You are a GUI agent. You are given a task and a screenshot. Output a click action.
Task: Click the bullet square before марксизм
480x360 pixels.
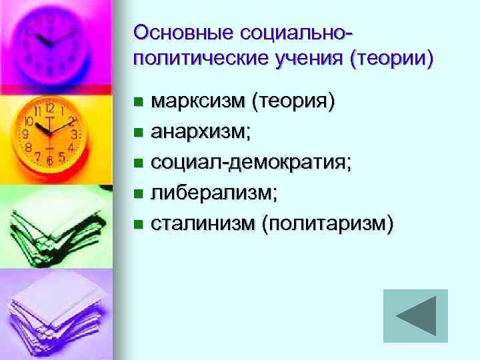click(x=137, y=103)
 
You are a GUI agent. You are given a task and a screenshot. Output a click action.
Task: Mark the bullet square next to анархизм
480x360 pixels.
click(x=137, y=133)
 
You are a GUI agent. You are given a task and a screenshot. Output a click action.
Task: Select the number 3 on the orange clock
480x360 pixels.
click(x=75, y=134)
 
